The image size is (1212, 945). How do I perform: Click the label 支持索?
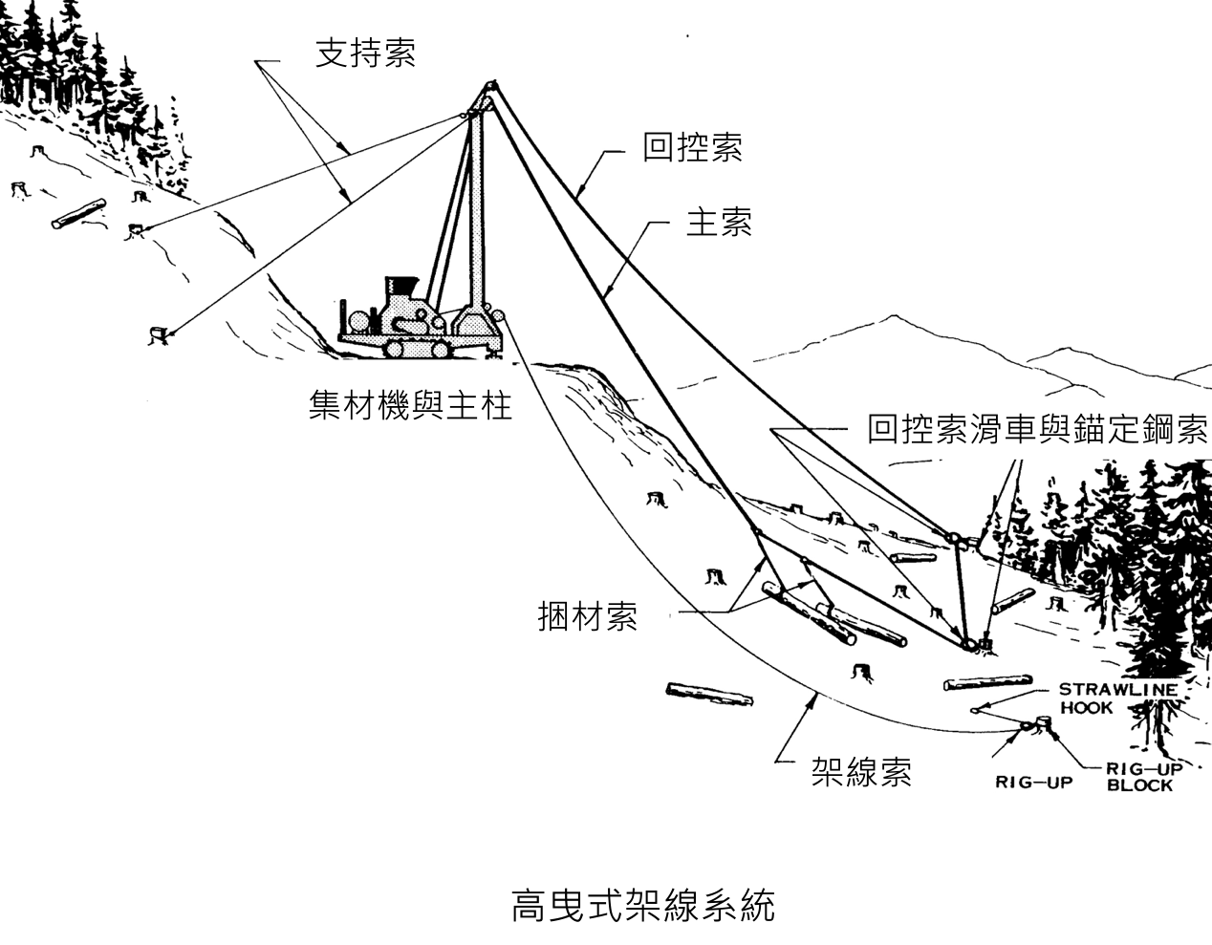tap(365, 54)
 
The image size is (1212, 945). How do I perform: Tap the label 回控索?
tap(692, 148)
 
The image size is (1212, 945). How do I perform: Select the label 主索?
tap(719, 223)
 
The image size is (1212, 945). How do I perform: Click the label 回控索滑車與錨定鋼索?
tap(1037, 429)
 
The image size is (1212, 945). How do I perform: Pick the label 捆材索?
tap(588, 616)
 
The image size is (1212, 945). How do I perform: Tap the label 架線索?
tap(861, 771)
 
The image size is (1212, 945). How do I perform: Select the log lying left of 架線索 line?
tap(708, 698)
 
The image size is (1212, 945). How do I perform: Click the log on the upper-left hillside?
tap(78, 214)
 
